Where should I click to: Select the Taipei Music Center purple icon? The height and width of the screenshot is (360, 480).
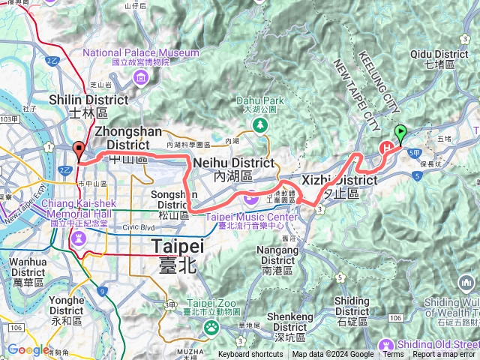pos(249,197)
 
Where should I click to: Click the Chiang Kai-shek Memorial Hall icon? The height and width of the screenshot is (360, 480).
pos(78,238)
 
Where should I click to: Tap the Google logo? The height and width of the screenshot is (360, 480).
pos(28,349)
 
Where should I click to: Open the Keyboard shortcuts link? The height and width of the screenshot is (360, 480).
pos(250,355)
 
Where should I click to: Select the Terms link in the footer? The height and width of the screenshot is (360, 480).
pos(393,355)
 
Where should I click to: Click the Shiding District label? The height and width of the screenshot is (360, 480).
pos(352,306)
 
